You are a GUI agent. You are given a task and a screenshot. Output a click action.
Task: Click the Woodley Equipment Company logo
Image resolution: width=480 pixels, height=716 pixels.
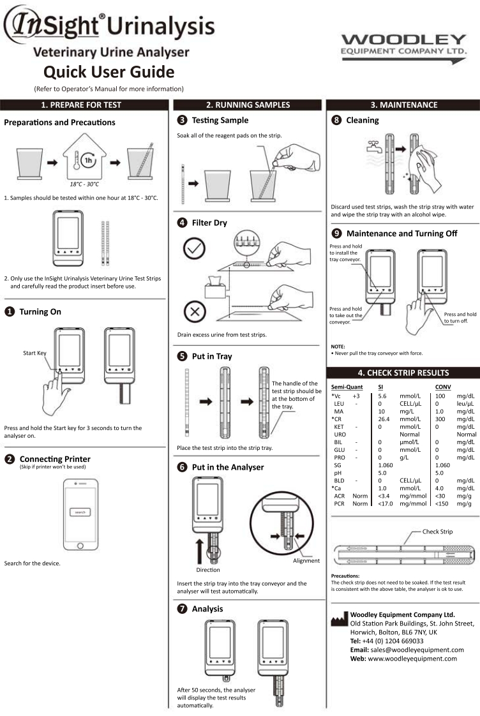[403, 48]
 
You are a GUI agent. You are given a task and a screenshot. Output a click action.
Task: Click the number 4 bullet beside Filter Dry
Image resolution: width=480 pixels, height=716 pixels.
[181, 223]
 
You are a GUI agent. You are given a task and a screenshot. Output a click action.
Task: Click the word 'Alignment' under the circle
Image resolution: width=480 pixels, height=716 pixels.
[306, 561]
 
